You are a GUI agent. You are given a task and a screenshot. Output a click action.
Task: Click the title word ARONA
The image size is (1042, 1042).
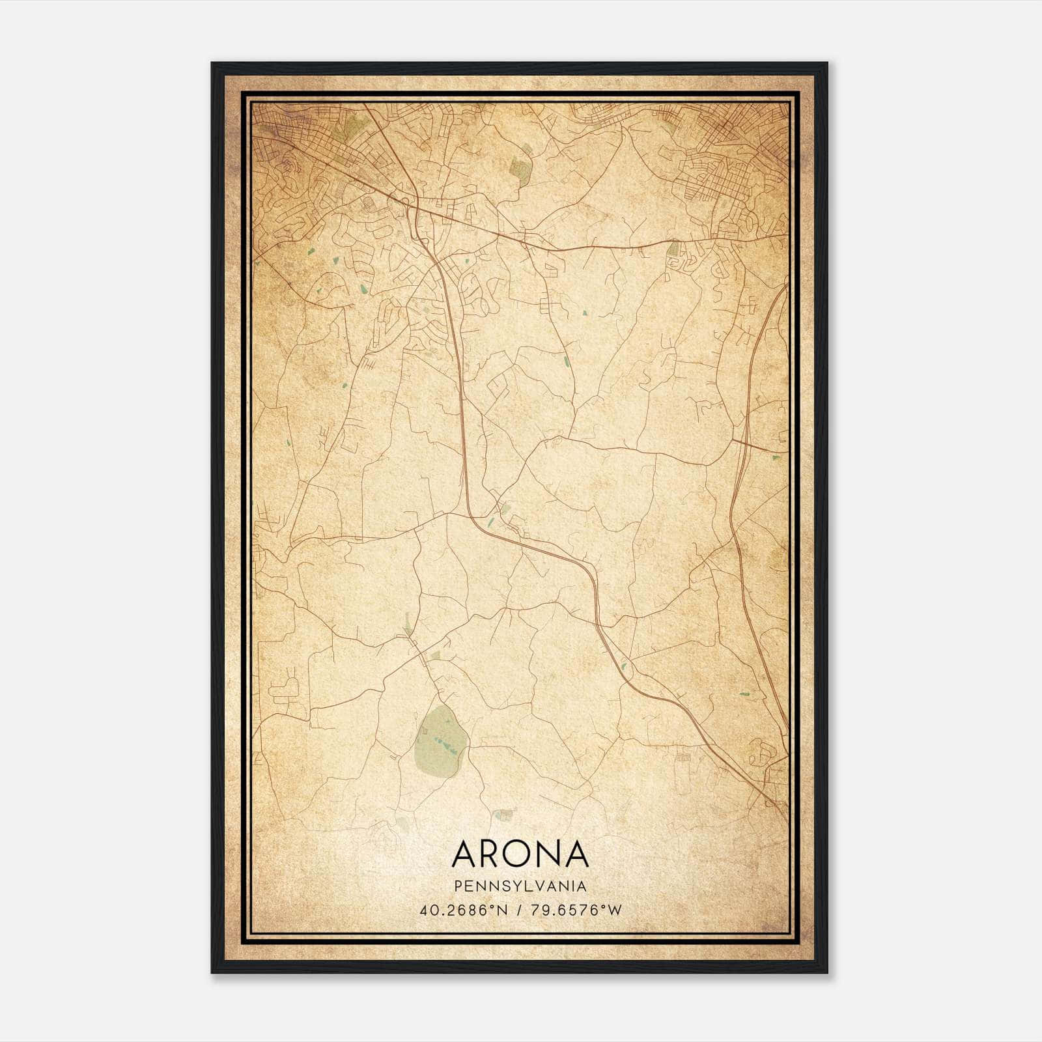tap(520, 854)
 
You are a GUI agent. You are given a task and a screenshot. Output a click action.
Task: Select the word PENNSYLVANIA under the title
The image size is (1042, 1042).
tap(520, 886)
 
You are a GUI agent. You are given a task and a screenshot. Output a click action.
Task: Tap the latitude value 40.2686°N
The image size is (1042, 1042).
tap(462, 910)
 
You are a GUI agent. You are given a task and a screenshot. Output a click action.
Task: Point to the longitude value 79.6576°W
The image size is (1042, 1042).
tap(577, 910)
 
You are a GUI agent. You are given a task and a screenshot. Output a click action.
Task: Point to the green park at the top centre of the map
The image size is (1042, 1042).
tap(522, 167)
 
